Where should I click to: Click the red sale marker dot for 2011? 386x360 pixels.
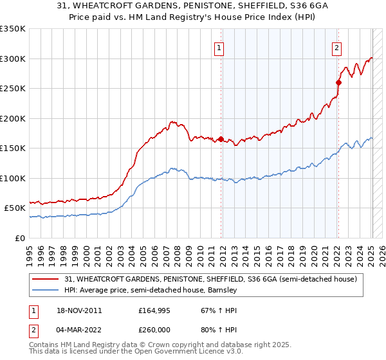point(221,139)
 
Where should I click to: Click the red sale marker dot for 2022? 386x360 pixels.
point(338,82)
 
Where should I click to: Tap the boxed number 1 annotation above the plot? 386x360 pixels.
point(219,47)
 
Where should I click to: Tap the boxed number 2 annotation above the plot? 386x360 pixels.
point(336,47)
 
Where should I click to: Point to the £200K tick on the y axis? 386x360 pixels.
point(13,118)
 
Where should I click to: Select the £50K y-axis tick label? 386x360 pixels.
point(15,208)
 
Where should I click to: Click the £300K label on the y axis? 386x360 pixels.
point(13,59)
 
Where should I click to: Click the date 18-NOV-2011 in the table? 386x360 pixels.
point(78,310)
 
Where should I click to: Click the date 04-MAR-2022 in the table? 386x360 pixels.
point(78,329)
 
